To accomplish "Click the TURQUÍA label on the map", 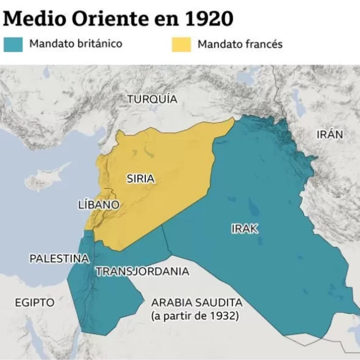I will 152,99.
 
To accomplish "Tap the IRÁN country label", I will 329,134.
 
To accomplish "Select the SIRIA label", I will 141,179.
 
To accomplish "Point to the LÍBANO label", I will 98,205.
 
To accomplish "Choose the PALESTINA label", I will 59,259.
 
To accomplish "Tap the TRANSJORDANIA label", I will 142,272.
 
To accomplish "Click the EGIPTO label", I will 35,303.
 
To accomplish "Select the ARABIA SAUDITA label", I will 196,303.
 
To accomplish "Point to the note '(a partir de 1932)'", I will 195,316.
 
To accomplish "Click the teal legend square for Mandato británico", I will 13,44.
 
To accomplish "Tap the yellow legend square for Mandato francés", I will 181,44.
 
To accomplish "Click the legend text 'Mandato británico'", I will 75,43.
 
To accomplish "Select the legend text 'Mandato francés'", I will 240,44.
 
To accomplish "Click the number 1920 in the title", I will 208,18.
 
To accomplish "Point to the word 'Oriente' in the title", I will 102,18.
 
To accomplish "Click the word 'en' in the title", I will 163,19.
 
